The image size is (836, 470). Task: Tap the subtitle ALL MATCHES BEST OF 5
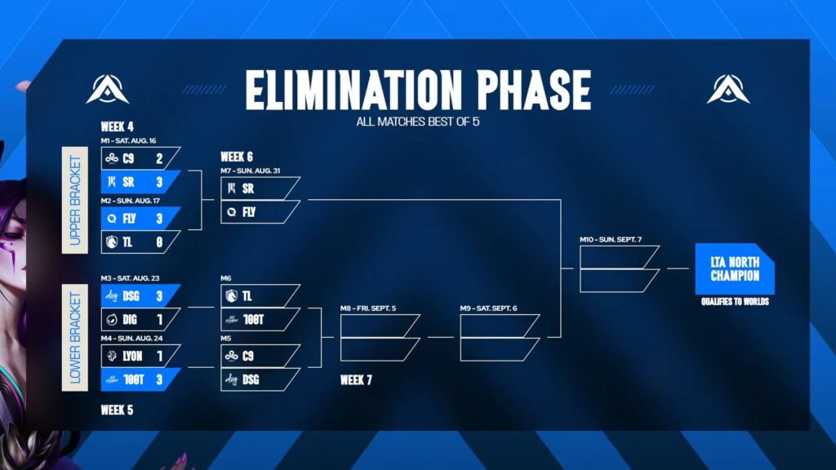[x=417, y=122]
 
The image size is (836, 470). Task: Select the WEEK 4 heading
[x=118, y=126]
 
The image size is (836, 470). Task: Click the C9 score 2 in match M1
[x=159, y=158]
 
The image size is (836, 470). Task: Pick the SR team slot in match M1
[x=140, y=182]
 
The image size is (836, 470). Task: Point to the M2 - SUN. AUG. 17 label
[x=130, y=201]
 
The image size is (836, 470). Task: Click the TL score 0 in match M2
[x=159, y=242]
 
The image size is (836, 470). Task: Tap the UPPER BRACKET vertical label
[x=75, y=201]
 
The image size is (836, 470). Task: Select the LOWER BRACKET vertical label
[x=75, y=337]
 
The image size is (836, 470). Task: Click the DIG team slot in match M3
[x=140, y=320]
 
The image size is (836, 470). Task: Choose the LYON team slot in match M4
[x=140, y=356]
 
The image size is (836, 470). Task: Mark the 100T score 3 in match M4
[x=159, y=379]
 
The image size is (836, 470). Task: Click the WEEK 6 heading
[x=237, y=157]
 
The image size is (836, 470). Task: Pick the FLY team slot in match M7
[x=260, y=212]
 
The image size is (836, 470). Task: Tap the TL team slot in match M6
[x=260, y=295]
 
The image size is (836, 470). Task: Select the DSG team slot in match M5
[x=260, y=379]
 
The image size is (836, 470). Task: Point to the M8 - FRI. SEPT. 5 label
[x=368, y=308]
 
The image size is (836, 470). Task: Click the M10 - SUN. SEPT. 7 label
[x=611, y=240]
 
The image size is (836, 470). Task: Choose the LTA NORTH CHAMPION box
[x=735, y=268]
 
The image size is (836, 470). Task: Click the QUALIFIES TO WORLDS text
[x=735, y=302]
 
